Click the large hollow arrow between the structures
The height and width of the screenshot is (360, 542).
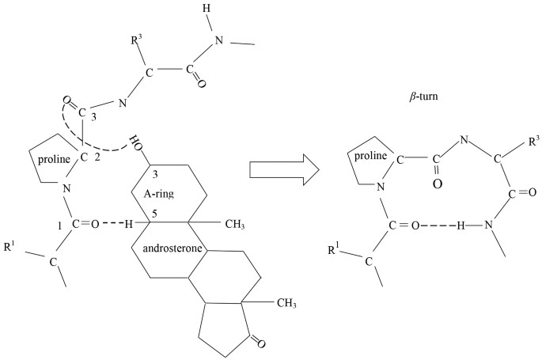point(284,169)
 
